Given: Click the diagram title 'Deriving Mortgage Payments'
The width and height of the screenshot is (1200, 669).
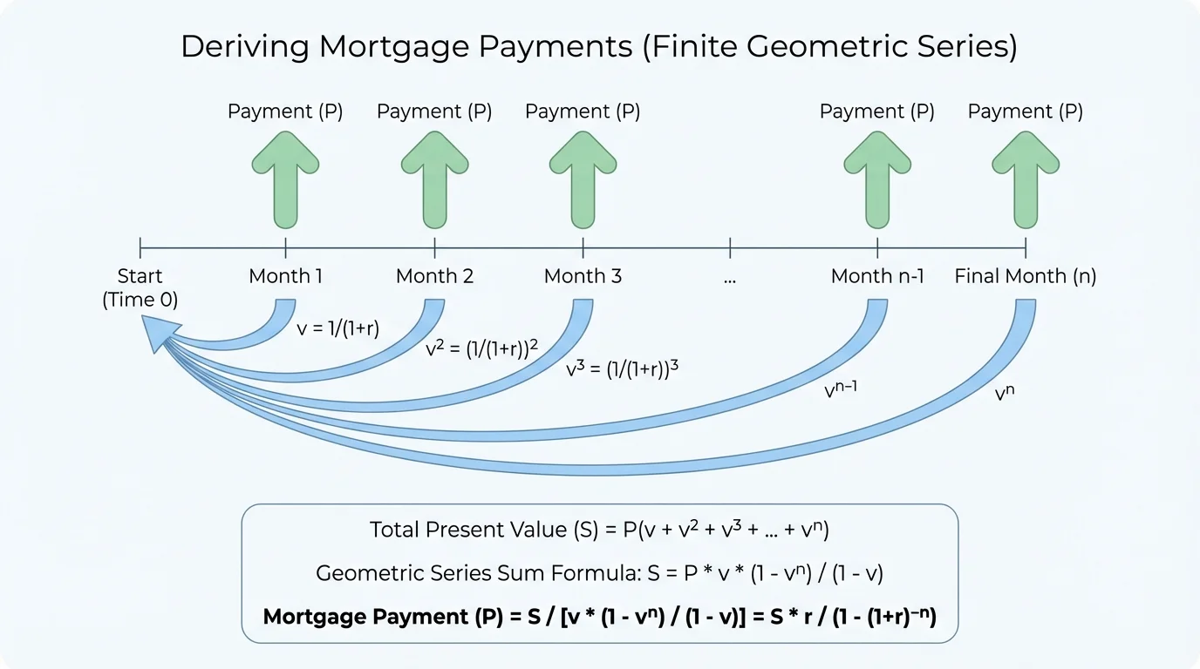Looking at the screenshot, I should coord(598,47).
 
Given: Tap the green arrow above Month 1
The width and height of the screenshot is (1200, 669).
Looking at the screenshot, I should coord(285,178).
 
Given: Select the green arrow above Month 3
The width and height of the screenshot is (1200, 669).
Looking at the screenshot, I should coord(583,178).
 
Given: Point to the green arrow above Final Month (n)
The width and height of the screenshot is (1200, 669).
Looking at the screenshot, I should coord(1026,178).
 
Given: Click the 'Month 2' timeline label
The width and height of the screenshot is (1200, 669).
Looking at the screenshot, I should coord(434,277).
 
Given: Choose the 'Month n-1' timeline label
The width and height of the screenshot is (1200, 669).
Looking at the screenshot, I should coord(877,277).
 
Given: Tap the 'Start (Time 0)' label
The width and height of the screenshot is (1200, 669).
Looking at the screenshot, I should coord(140,288).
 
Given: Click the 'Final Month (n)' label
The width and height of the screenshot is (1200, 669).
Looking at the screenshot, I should coord(1026,277).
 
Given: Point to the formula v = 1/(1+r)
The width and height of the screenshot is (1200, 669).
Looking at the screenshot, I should coord(338,330).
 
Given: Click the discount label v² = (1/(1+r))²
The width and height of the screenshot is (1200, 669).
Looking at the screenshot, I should coord(481,348).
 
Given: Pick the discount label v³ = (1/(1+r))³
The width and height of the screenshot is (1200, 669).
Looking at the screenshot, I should coord(622,368).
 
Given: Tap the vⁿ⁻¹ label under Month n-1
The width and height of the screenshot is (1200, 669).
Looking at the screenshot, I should coord(841,390).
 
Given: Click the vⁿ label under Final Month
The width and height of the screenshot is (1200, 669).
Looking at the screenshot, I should coord(1005,393).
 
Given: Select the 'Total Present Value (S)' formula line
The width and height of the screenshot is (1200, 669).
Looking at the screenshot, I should coord(599,530).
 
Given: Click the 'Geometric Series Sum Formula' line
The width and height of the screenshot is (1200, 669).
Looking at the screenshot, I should coord(599,573).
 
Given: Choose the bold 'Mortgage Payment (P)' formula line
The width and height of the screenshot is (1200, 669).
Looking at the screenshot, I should coord(599,617).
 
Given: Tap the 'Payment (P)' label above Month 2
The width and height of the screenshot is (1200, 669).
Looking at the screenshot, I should coord(434,111).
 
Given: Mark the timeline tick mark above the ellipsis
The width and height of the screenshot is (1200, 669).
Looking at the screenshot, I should coord(730,247).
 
